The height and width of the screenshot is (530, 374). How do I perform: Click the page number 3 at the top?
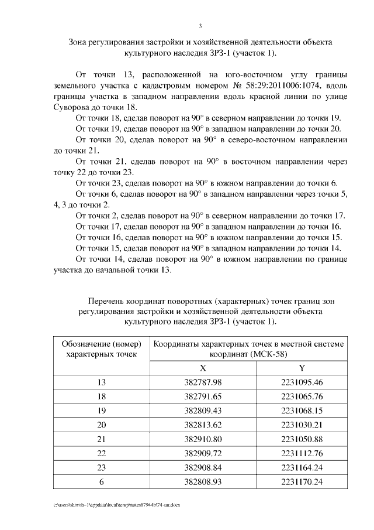click(200, 26)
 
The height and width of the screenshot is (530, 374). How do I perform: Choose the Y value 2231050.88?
click(302, 439)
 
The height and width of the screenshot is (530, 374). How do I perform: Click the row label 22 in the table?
click(102, 453)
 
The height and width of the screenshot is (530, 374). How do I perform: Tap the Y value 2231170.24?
click(302, 482)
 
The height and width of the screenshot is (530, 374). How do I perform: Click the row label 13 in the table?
click(102, 382)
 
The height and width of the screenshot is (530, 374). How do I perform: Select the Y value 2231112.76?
click(302, 453)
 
